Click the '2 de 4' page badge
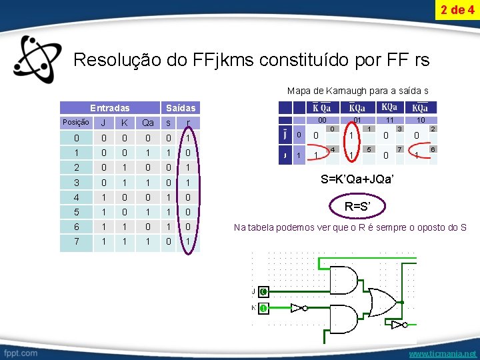(457, 10)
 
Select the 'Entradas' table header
(110, 107)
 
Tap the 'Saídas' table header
(180, 107)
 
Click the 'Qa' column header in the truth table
(148, 123)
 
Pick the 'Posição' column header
(75, 123)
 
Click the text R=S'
(358, 207)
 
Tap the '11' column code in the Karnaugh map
(389, 121)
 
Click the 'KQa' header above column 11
(389, 107)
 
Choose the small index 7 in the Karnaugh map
(399, 150)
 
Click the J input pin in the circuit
(263, 291)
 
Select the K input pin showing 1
(263, 309)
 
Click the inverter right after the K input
(304, 309)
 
